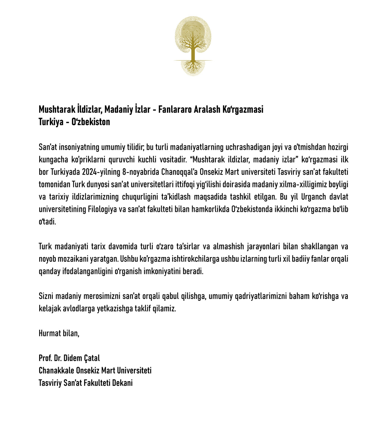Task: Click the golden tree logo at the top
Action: [x=193, y=45]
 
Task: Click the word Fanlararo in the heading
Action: [x=175, y=109]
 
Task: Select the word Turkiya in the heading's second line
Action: [x=51, y=122]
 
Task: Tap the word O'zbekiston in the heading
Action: [x=91, y=122]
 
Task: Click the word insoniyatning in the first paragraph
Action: [x=79, y=147]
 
